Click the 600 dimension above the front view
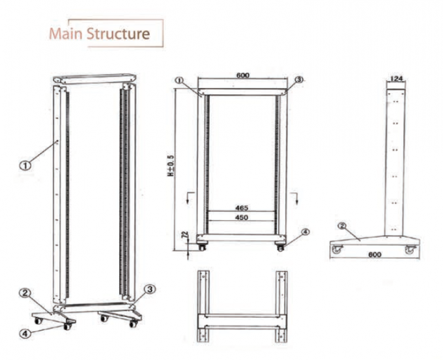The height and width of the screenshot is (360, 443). tap(242, 76)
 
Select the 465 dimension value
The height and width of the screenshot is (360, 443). tap(242, 208)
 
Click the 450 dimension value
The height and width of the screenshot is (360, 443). tap(242, 219)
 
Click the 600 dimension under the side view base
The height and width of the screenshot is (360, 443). tap(373, 255)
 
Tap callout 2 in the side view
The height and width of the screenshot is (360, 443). tap(341, 226)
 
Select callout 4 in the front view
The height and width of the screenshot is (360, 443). tap(305, 231)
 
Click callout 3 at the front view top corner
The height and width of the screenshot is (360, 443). tap(299, 79)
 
